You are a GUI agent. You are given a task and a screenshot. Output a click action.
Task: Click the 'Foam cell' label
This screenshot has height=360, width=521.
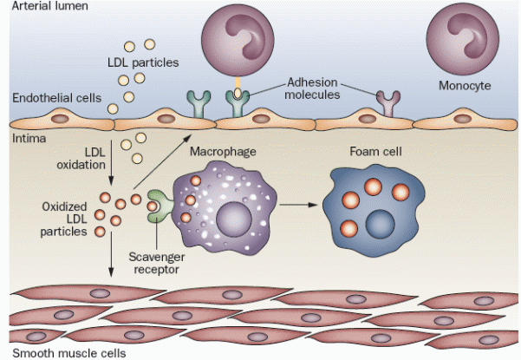[368, 153]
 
